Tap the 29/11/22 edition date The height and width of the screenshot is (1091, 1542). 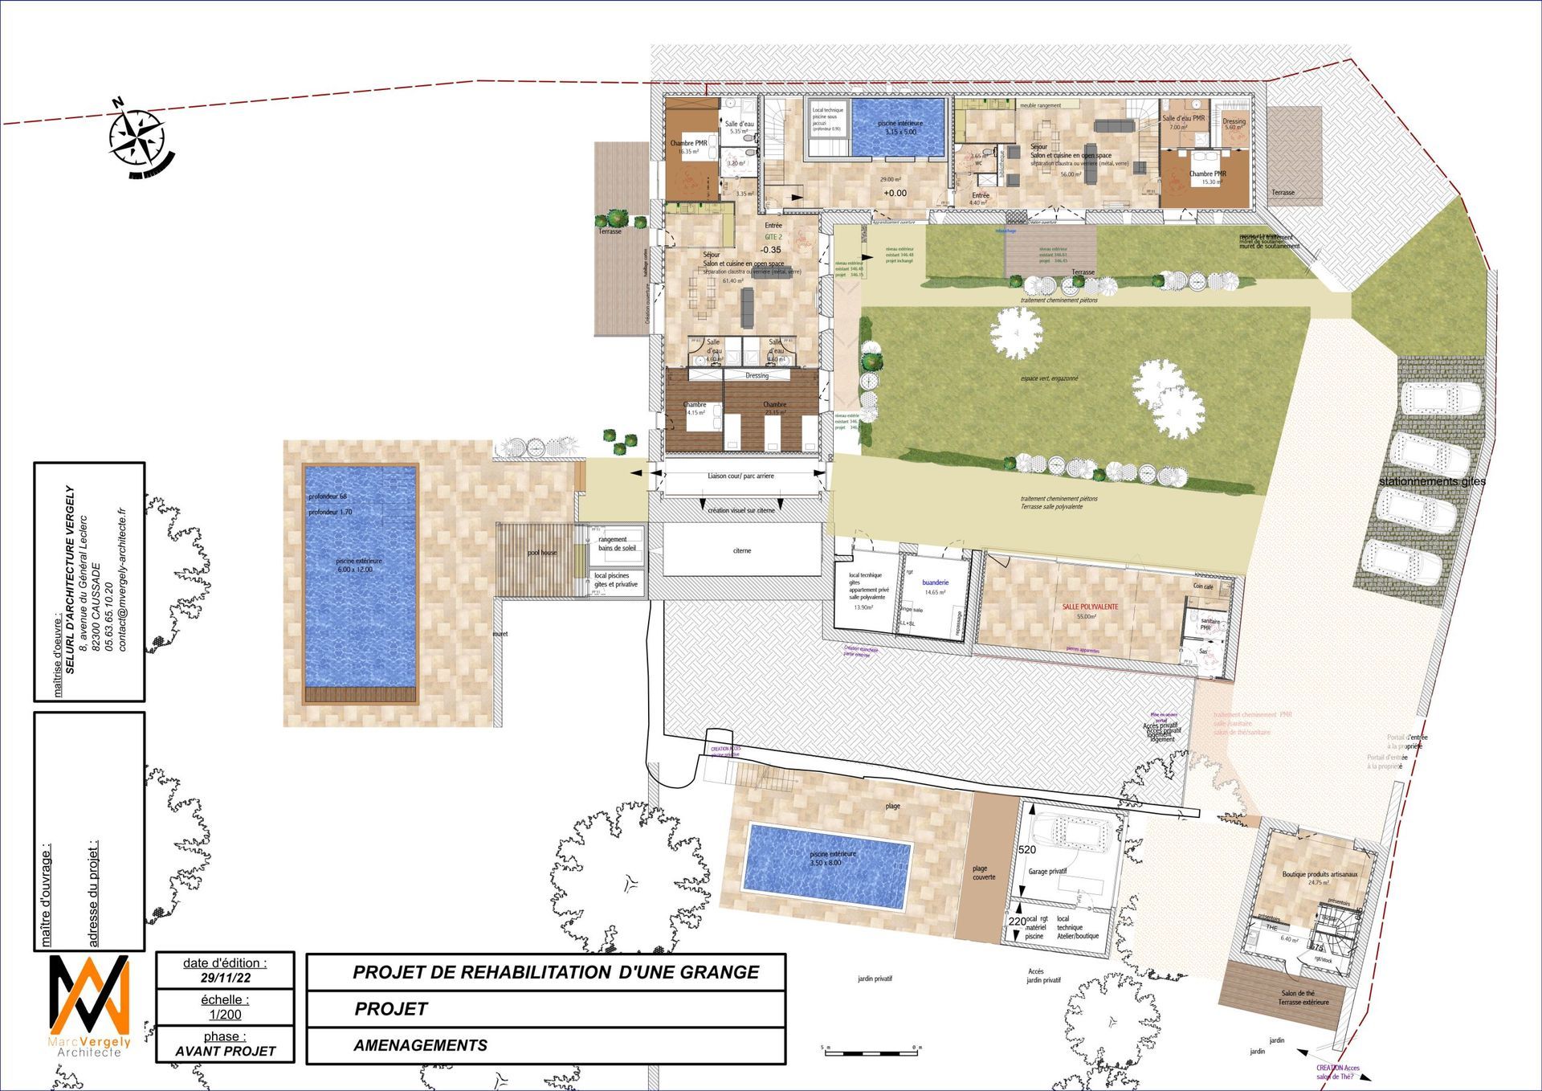225,978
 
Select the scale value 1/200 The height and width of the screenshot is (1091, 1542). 225,1015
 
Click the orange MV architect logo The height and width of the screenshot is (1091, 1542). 89,996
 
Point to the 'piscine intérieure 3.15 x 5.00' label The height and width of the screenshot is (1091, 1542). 899,127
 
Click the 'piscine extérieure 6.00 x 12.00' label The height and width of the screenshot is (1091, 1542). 359,565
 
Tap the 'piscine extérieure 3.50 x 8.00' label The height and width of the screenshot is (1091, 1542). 832,858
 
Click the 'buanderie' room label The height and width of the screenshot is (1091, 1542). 935,582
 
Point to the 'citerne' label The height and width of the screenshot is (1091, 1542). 742,550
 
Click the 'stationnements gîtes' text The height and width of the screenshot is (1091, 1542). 1432,481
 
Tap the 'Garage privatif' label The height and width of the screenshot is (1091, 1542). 1047,871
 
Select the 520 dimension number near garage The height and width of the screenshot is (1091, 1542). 1026,849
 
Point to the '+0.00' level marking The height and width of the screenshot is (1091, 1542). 895,193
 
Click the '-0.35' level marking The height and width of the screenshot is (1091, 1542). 770,250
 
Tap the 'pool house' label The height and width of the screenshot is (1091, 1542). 542,553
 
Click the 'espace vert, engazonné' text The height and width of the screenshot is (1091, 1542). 1049,378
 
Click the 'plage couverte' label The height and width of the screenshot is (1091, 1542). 984,872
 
